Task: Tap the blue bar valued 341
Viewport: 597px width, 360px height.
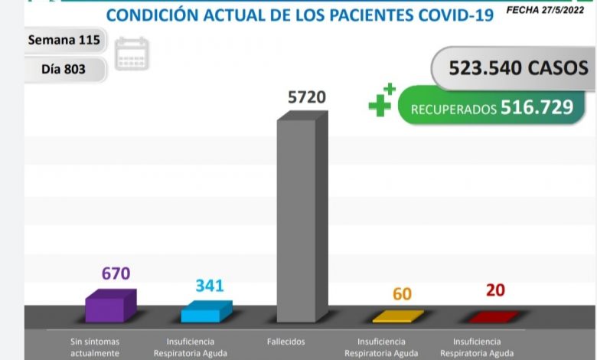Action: (x=206, y=312)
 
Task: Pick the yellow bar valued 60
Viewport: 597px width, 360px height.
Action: (x=397, y=316)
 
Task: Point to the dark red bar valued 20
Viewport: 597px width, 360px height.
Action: (x=493, y=316)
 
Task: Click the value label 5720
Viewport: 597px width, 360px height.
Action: (x=306, y=97)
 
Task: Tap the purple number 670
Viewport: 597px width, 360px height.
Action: (x=116, y=273)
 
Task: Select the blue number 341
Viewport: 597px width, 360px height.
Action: (x=209, y=286)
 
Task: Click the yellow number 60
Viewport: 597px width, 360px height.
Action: (x=402, y=293)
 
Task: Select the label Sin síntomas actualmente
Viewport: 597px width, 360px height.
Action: (x=93, y=347)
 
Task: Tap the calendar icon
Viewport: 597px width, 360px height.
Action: (x=132, y=54)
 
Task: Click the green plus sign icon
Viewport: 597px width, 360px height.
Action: (x=381, y=101)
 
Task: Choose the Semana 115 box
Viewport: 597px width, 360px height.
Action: (x=64, y=40)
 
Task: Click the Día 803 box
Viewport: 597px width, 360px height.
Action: (x=64, y=69)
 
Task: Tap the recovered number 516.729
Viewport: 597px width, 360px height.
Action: (x=537, y=108)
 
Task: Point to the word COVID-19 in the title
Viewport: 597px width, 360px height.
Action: (x=445, y=15)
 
